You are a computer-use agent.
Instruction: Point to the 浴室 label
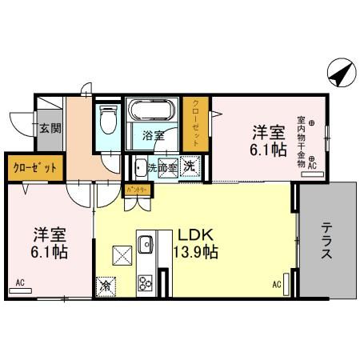click(154, 135)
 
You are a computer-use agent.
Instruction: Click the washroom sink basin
click(140, 168)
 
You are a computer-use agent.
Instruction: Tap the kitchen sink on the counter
click(145, 244)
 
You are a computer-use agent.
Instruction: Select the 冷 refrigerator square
click(106, 284)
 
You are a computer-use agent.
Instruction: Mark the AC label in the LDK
click(277, 285)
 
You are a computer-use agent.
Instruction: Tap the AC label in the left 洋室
click(19, 282)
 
